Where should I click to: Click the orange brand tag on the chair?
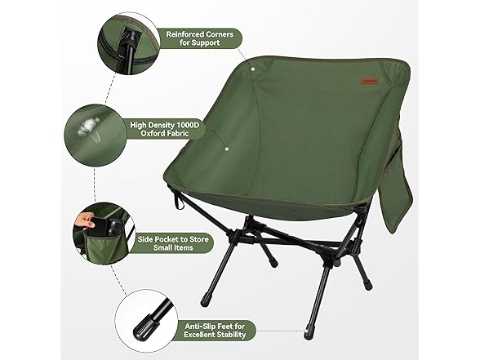point(370,81)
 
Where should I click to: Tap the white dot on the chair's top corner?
point(253,69)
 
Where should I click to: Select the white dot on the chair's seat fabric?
point(227,149)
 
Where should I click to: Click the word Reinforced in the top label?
point(184,34)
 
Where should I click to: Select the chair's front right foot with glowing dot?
point(308,332)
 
